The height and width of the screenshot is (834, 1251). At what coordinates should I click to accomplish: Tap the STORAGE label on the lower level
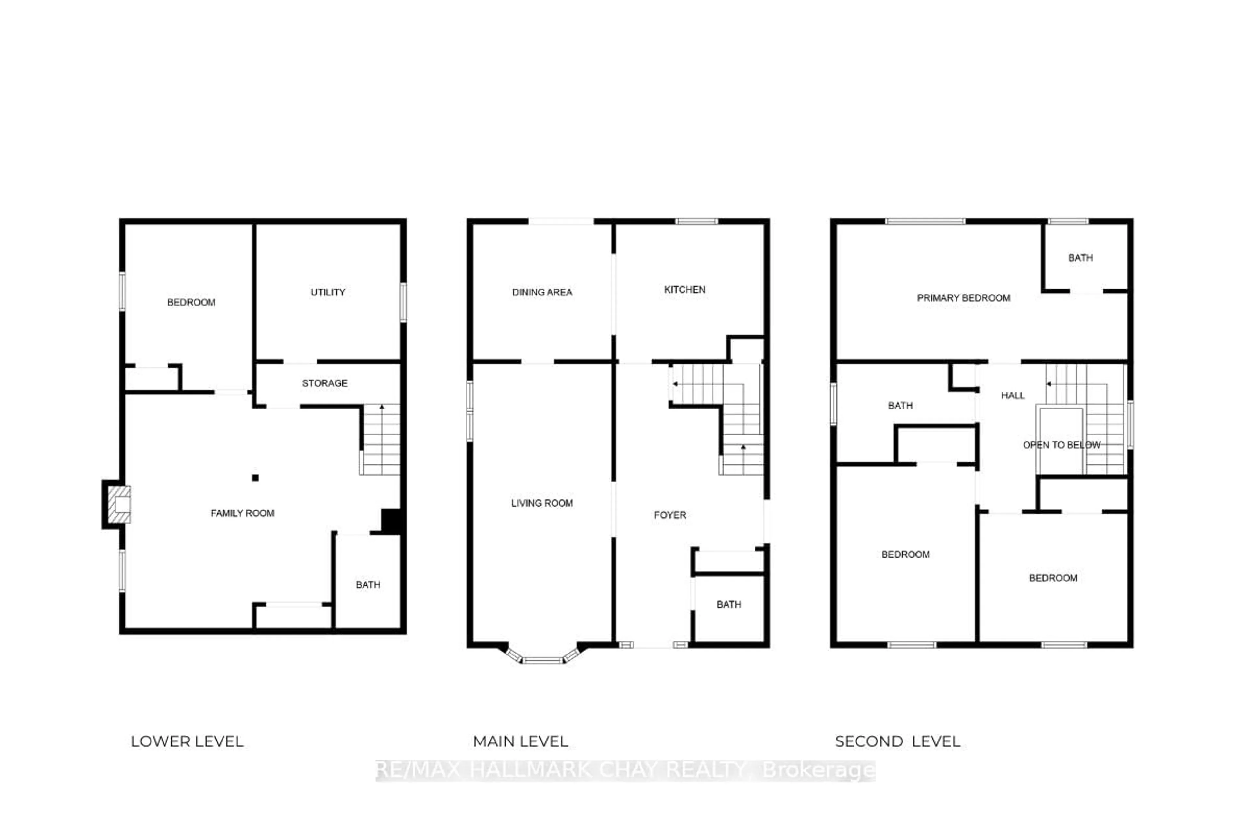[324, 383]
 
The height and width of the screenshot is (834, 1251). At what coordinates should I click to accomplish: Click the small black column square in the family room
[255, 478]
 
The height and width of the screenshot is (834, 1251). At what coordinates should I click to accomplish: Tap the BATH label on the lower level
[367, 584]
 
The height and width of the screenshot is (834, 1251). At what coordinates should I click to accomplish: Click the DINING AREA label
[542, 292]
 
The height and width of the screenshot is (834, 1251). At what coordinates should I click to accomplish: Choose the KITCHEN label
[684, 289]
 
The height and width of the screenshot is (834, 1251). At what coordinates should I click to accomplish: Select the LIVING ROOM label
[542, 503]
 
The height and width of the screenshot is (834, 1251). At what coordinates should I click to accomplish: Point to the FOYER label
[670, 515]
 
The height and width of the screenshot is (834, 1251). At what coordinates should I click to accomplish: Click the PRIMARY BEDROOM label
[963, 298]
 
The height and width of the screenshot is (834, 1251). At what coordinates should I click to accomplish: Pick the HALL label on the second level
[1012, 395]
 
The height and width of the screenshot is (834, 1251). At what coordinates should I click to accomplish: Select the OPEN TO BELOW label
[1061, 445]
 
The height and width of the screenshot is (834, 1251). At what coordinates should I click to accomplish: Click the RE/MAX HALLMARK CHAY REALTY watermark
[625, 769]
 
